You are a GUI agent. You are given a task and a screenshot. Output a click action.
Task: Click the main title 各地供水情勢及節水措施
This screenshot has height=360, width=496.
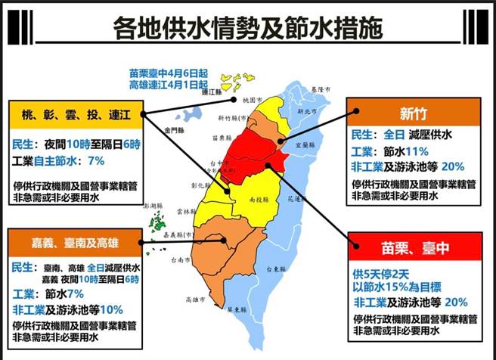pyautogui.click(x=247, y=28)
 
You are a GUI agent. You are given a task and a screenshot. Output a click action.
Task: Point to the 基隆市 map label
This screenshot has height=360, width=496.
pyautogui.click(x=321, y=89)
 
